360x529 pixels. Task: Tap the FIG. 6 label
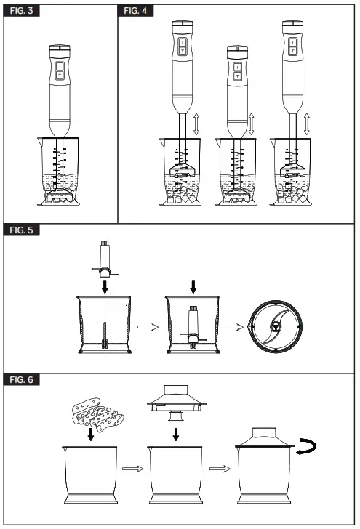coord(21,379)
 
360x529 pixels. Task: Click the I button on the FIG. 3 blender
coord(60,67)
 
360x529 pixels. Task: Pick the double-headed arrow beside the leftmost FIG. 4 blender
coord(196,124)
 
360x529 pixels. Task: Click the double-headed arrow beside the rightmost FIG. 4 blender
coord(308,124)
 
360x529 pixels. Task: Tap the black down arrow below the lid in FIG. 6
coord(175,435)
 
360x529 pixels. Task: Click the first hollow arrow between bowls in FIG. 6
coord(132,469)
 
